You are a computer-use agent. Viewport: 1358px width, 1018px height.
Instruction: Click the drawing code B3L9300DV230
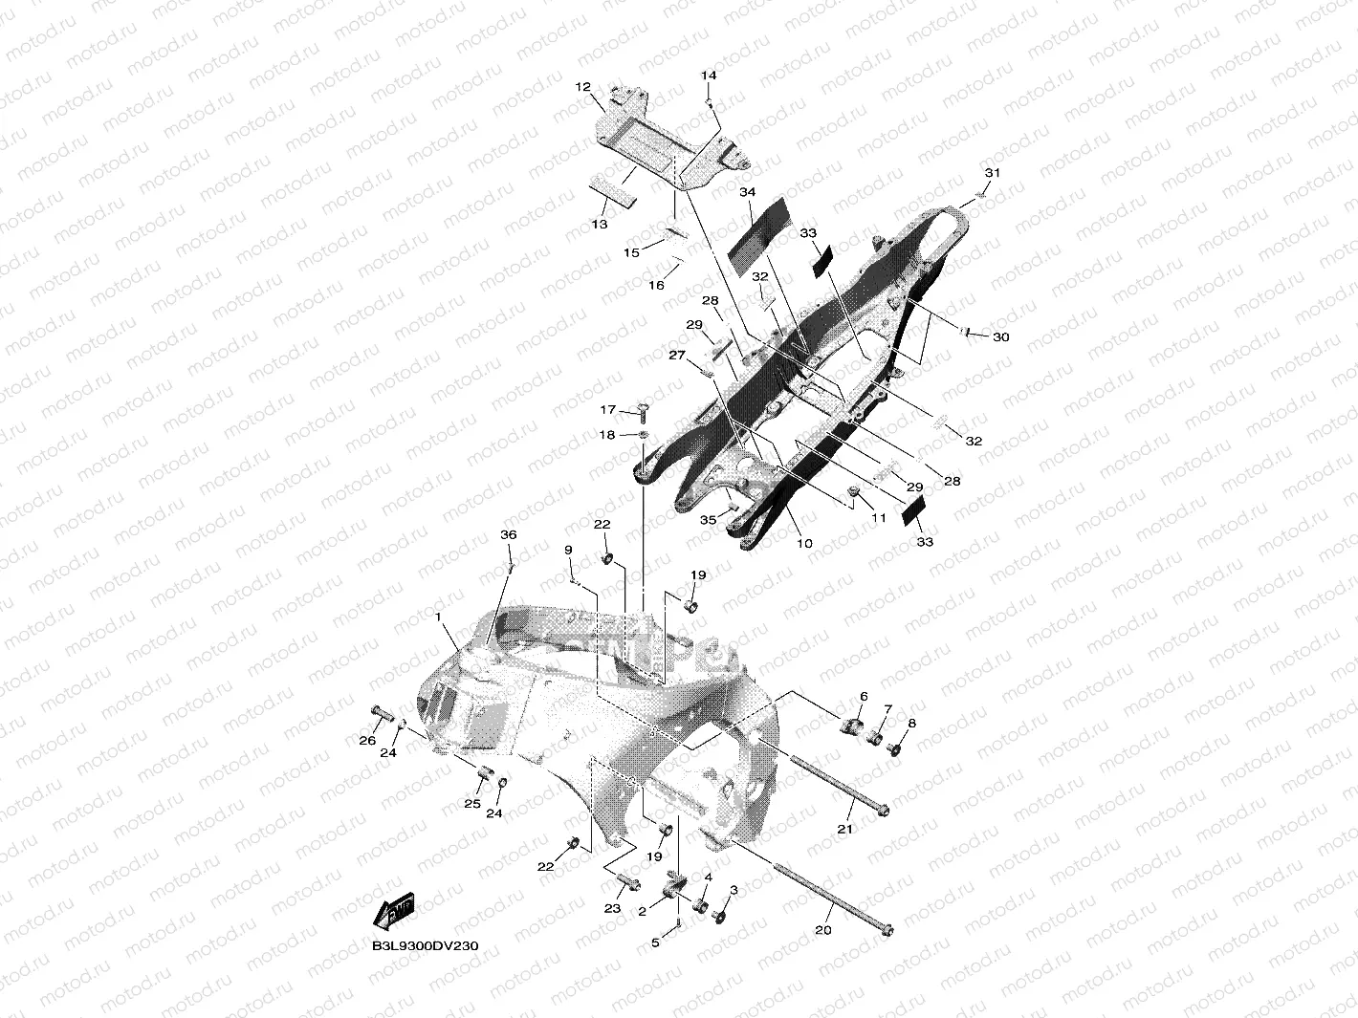click(426, 945)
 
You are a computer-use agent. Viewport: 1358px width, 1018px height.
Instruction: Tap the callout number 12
click(582, 87)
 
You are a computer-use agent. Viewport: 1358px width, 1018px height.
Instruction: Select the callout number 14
click(709, 75)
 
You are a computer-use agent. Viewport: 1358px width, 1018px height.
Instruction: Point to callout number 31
click(992, 173)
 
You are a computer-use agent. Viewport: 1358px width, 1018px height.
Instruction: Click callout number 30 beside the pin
click(1000, 337)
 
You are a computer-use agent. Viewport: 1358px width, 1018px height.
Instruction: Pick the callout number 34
click(747, 192)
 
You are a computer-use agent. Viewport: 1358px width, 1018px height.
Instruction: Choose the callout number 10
click(804, 543)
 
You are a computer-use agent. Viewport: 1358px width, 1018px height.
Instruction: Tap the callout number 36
click(509, 535)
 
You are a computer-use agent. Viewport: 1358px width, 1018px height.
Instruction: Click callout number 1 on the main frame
click(439, 618)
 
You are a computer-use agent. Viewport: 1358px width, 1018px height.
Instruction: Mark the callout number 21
click(844, 829)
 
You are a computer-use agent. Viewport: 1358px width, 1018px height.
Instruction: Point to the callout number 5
click(656, 942)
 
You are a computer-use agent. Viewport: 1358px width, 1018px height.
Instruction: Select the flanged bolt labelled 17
click(641, 411)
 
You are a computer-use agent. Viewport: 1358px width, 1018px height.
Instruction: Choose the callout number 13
click(600, 225)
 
